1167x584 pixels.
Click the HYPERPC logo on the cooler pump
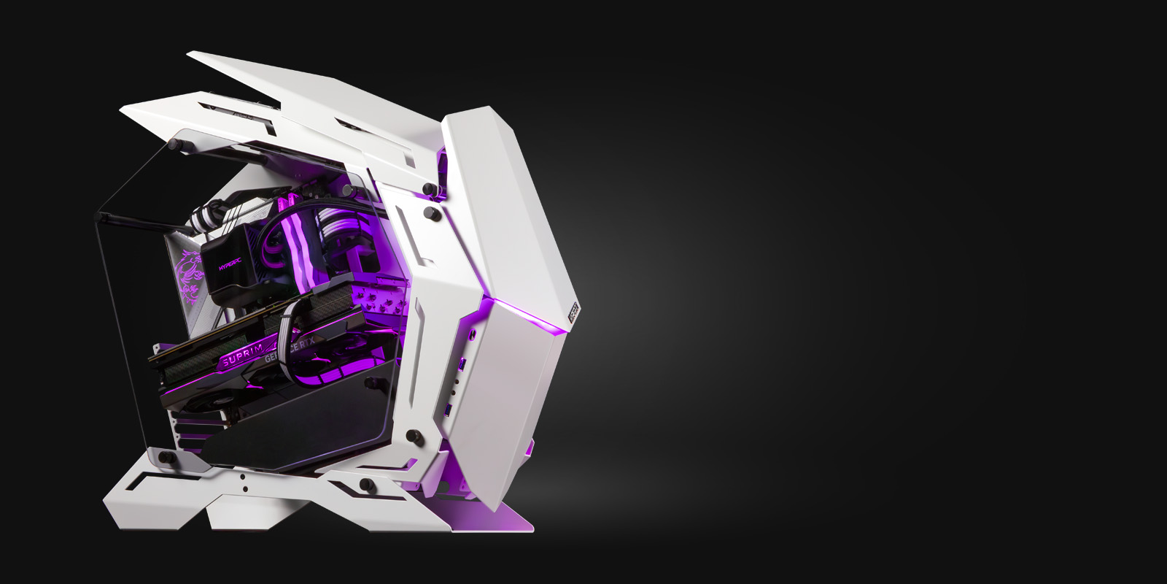point(231,266)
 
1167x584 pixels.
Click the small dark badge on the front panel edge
point(573,311)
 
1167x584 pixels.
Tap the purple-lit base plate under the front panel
point(503,518)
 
